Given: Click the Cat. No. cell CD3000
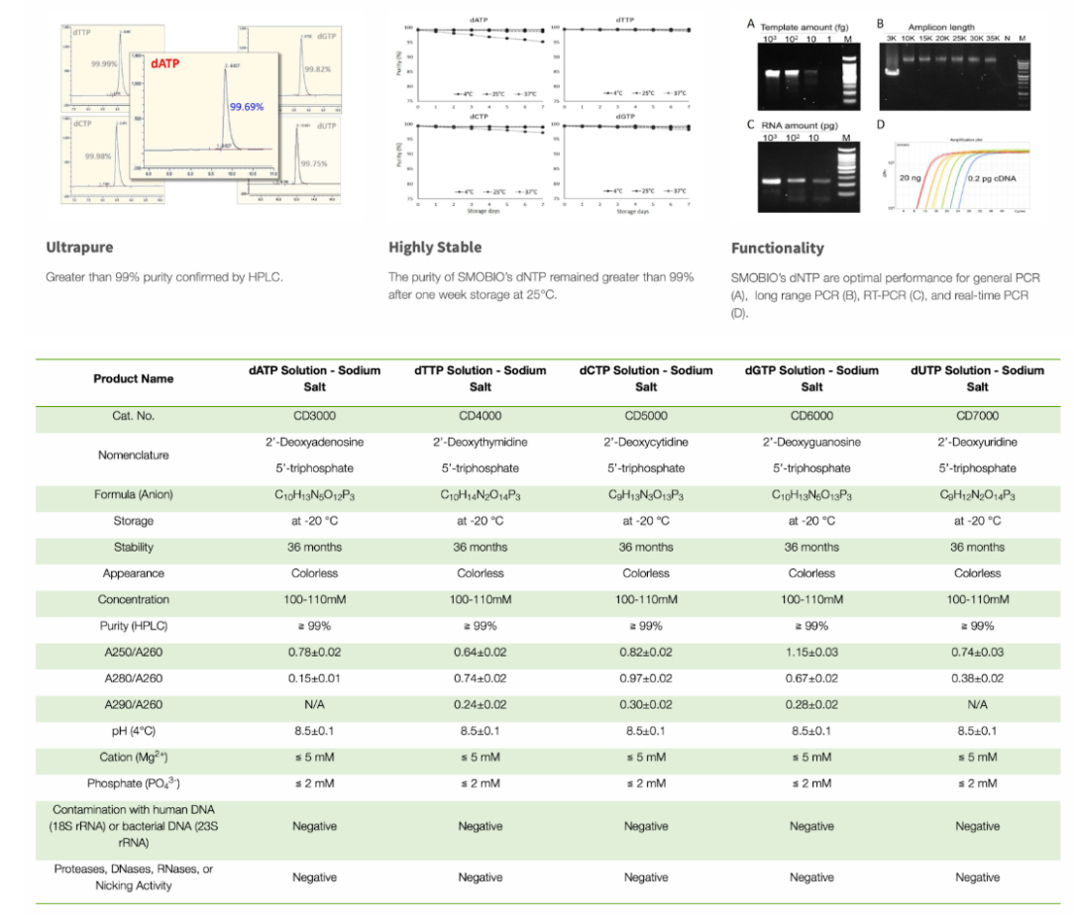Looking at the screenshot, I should pyautogui.click(x=314, y=416).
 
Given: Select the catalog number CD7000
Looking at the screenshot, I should pyautogui.click(x=977, y=416).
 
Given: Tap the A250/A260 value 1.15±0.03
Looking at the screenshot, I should pyautogui.click(x=811, y=652).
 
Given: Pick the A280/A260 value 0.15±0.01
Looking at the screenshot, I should pyautogui.click(x=314, y=678).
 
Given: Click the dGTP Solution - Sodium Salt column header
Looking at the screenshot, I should pyautogui.click(x=811, y=378).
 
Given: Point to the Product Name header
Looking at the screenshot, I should pyautogui.click(x=133, y=378).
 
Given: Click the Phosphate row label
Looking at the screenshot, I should pyautogui.click(x=133, y=783).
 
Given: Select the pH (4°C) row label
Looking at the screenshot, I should pyautogui.click(x=133, y=731).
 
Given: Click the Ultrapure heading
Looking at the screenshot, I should pyautogui.click(x=79, y=247).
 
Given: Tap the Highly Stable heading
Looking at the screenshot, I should pyautogui.click(x=434, y=247).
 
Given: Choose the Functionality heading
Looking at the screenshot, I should pyautogui.click(x=777, y=248).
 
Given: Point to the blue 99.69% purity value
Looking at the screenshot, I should pyautogui.click(x=247, y=106).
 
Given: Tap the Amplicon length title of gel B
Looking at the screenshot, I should pyautogui.click(x=940, y=27).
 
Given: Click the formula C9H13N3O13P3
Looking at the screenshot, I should pyautogui.click(x=646, y=494).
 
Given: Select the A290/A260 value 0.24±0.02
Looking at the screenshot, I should pyautogui.click(x=481, y=704).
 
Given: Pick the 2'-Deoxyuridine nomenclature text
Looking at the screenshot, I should pyautogui.click(x=977, y=442).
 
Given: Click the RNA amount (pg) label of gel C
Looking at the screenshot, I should pyautogui.click(x=798, y=125).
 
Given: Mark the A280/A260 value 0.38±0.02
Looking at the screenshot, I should pyautogui.click(x=977, y=678).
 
